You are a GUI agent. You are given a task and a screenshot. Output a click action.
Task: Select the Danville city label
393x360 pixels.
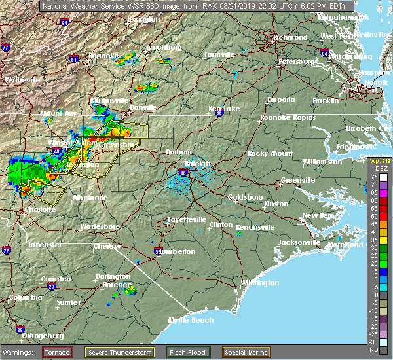[143, 107]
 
